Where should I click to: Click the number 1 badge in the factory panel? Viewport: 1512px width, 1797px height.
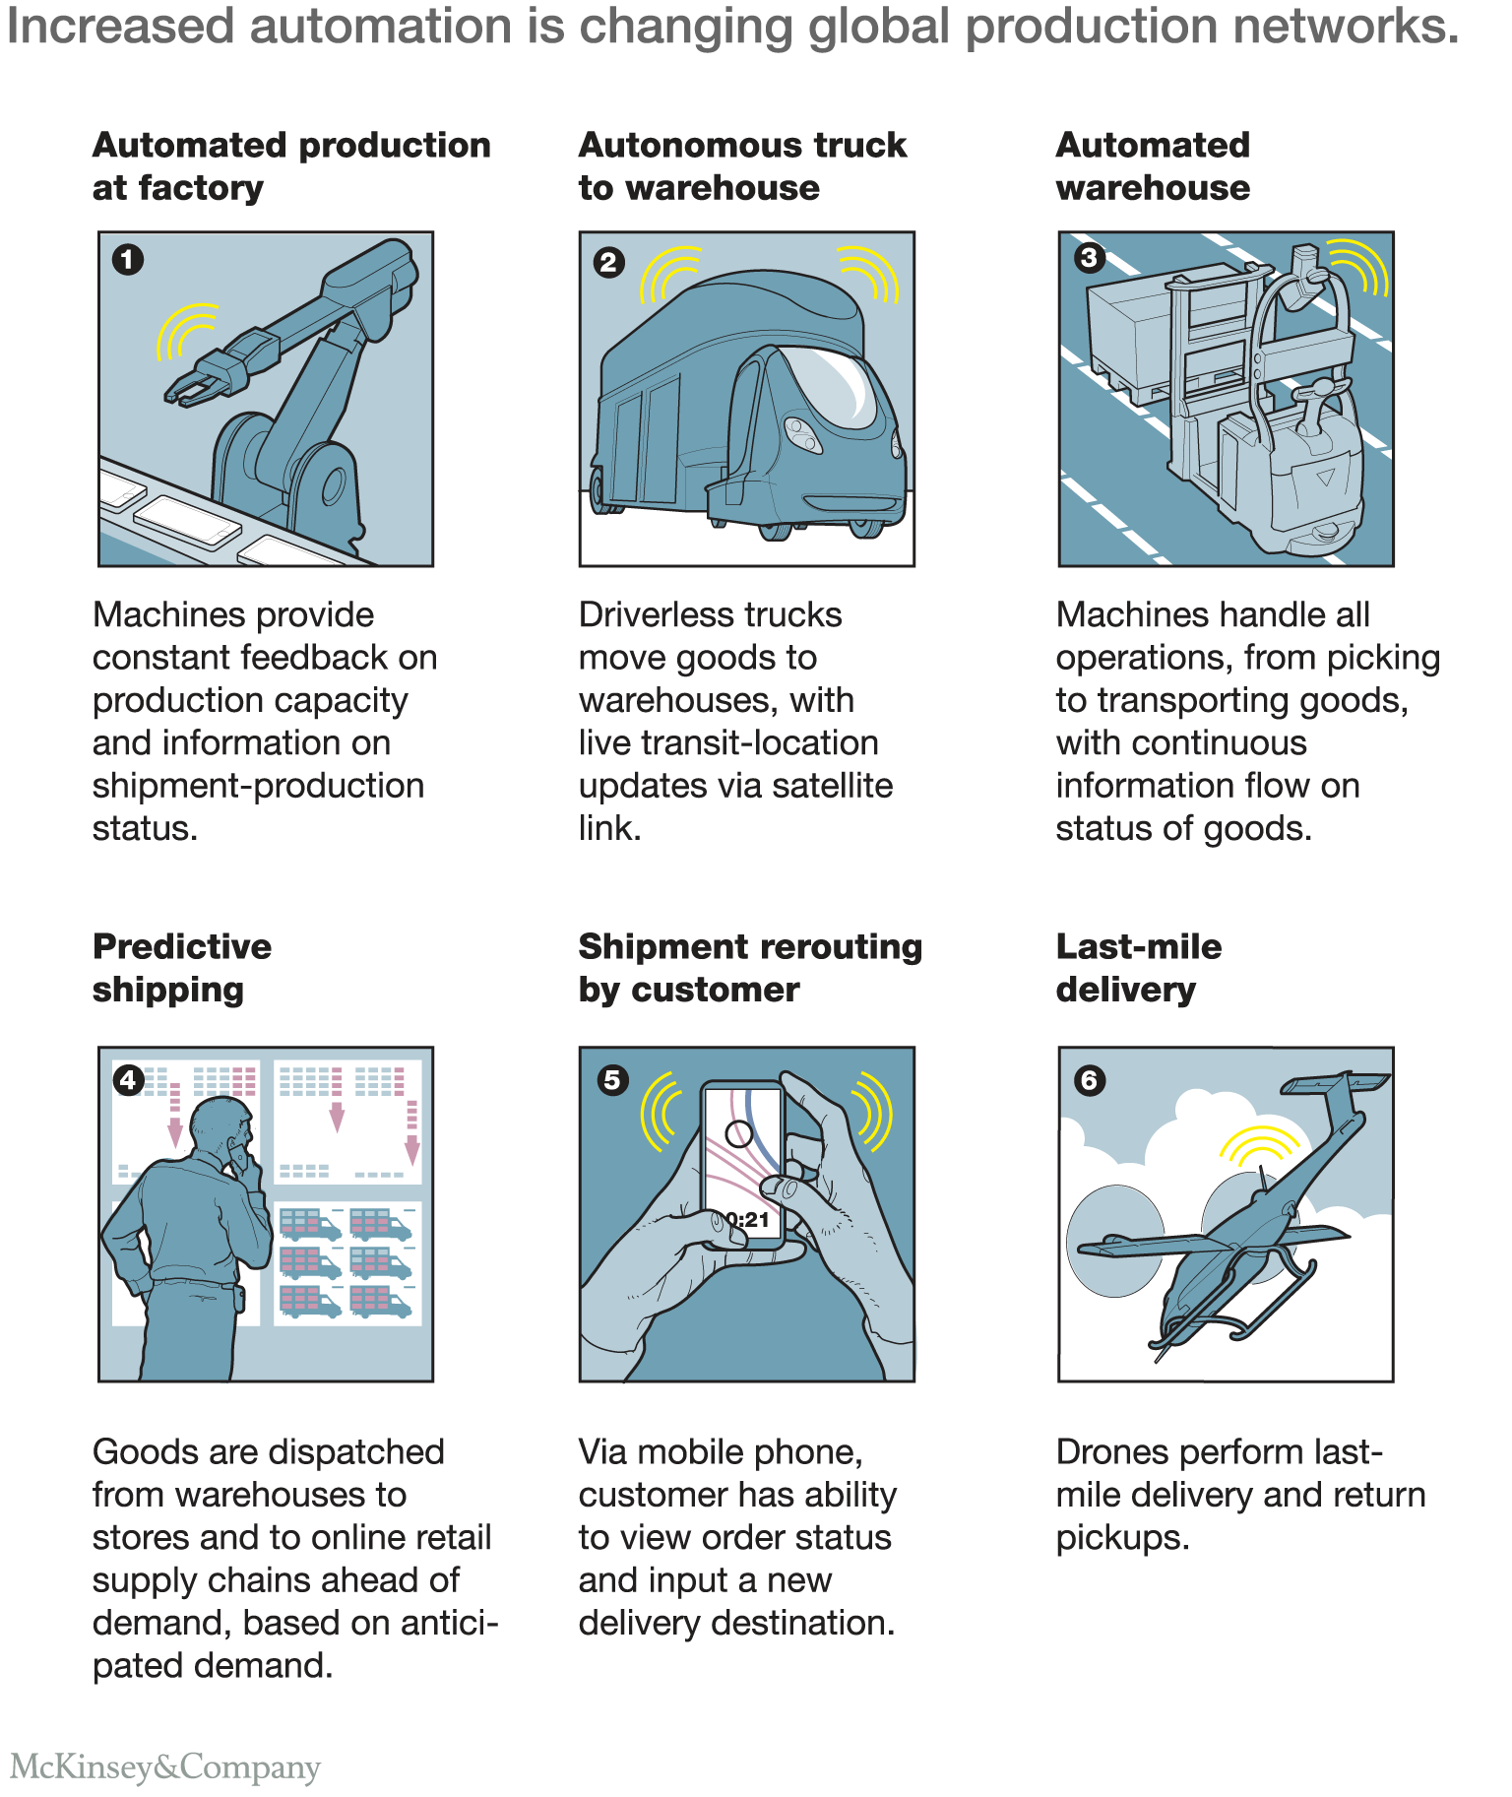pyautogui.click(x=128, y=260)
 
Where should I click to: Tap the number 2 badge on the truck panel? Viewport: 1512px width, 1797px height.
pyautogui.click(x=609, y=262)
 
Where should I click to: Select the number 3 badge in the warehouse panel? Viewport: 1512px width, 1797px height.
pyautogui.click(x=1089, y=258)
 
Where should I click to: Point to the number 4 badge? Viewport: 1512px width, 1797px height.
pyautogui.click(x=129, y=1080)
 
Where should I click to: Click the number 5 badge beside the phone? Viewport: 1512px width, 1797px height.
pyautogui.click(x=612, y=1079)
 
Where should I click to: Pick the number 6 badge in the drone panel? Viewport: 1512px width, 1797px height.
pyautogui.click(x=1090, y=1080)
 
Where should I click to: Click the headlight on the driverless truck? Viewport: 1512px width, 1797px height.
pyautogui.click(x=801, y=433)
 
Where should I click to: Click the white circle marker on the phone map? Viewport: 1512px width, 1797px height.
pyautogui.click(x=738, y=1133)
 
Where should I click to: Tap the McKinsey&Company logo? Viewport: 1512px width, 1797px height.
pyautogui.click(x=165, y=1766)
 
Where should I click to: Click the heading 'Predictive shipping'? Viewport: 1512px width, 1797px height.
pyautogui.click(x=182, y=968)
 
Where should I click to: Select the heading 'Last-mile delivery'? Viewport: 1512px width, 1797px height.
pyautogui.click(x=1139, y=968)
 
